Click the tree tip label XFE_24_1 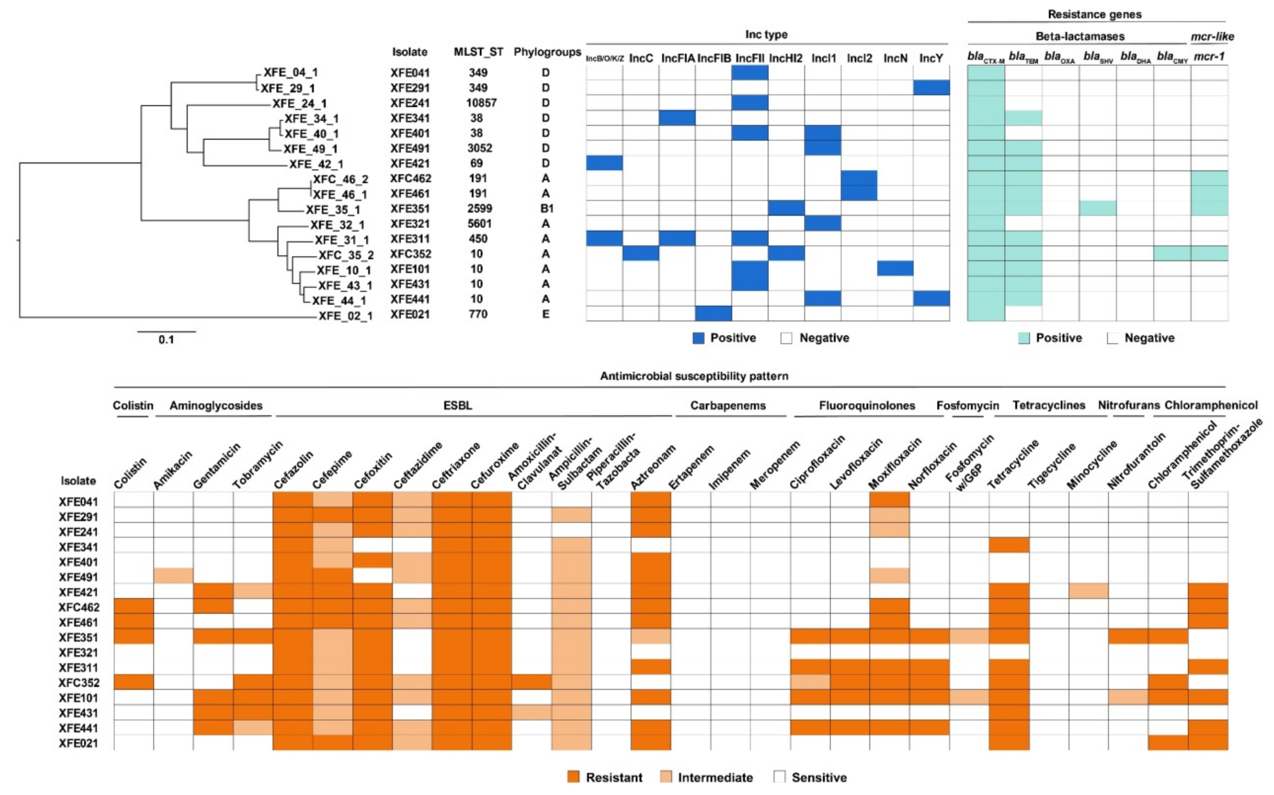coord(299,104)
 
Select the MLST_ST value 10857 coord(481,103)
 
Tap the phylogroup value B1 coord(546,209)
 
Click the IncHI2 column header coord(786,58)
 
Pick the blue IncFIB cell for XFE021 coord(713,314)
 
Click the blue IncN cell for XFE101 coord(895,269)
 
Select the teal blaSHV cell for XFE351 coord(1098,208)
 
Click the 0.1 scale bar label coord(166,340)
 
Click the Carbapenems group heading coord(728,405)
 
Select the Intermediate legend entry coord(715,777)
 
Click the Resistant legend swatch coord(573,777)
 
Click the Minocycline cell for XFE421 coord(1088,591)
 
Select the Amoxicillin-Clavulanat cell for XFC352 coord(531,682)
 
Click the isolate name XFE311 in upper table coord(409,239)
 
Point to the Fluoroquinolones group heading coord(866,405)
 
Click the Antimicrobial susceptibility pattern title coord(694,376)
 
